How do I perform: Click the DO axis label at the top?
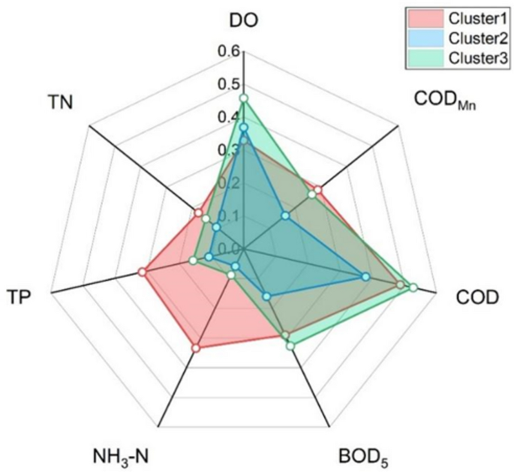point(243,20)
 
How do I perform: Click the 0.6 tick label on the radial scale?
point(229,52)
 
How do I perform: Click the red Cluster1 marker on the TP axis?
point(142,272)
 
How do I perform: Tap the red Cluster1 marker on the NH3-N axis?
point(195,348)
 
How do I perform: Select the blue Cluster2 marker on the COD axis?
point(365,277)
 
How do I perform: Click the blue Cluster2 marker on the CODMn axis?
point(285,216)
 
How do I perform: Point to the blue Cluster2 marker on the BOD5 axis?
point(266,297)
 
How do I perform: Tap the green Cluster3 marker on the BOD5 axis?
point(290,346)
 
